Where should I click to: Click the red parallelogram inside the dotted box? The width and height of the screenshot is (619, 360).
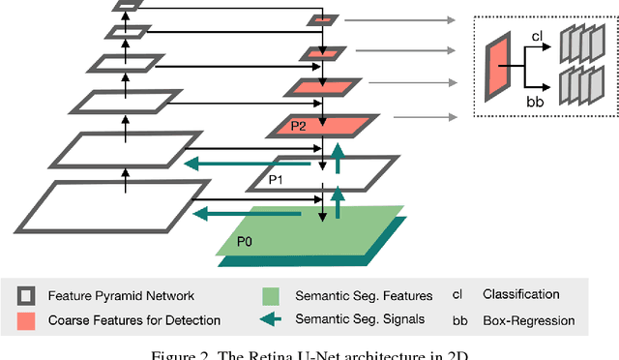(x=500, y=65)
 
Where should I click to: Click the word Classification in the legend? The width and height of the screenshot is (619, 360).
(x=520, y=294)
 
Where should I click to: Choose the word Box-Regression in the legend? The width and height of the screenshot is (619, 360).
(x=527, y=320)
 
